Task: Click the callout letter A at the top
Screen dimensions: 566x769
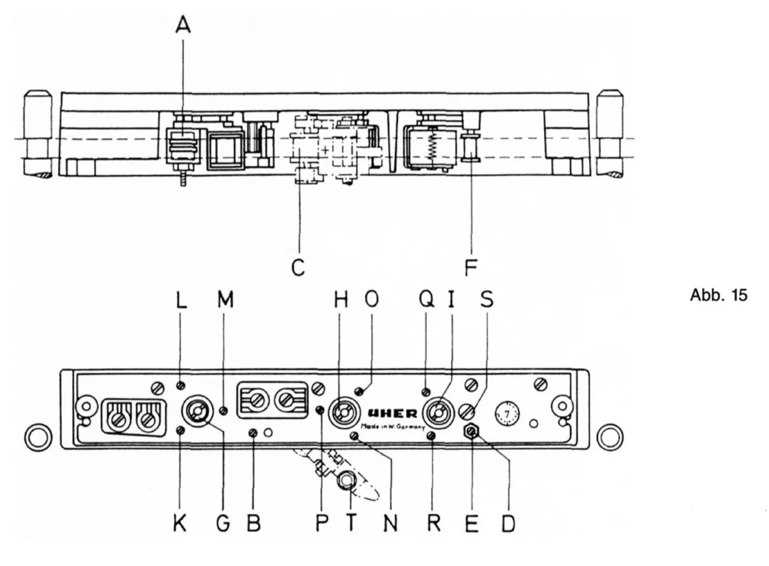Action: [x=183, y=26]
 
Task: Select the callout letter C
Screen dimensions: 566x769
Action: [x=298, y=267]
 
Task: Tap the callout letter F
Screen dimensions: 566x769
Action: [x=471, y=267]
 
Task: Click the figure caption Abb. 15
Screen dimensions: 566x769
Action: [x=718, y=295]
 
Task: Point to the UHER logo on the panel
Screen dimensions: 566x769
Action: [x=392, y=414]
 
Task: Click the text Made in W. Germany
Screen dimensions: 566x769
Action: [x=393, y=427]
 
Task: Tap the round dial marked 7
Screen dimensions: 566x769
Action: [x=507, y=415]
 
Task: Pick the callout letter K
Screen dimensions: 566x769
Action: [x=180, y=523]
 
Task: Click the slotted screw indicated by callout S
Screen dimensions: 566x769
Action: [x=468, y=411]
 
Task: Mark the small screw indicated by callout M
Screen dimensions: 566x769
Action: [x=224, y=410]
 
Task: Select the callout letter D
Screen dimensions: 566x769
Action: [x=508, y=523]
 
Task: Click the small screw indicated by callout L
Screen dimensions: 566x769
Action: [x=181, y=386]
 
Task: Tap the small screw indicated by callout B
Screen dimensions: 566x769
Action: [x=253, y=432]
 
